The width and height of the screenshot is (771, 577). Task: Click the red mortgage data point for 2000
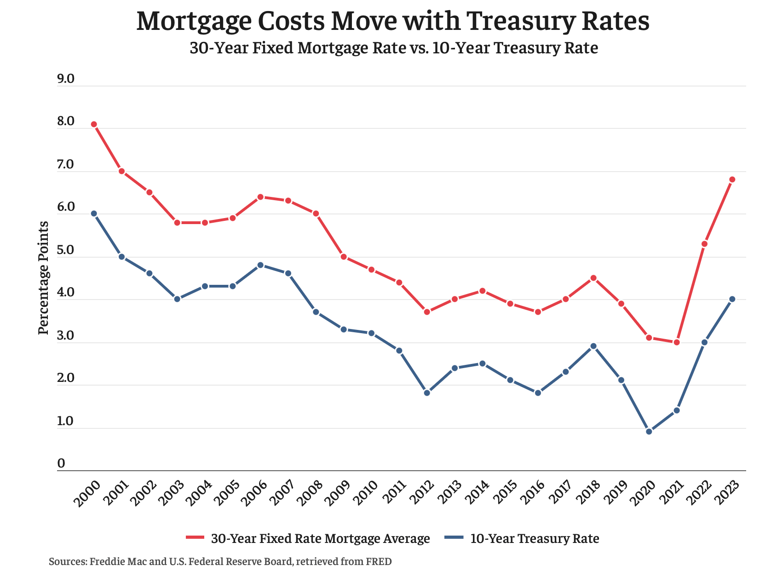(94, 124)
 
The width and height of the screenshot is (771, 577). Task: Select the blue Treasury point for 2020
(649, 432)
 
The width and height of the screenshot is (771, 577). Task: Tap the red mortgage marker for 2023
(732, 179)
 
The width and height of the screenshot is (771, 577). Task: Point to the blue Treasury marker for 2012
(427, 393)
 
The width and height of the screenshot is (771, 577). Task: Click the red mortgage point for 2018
(593, 278)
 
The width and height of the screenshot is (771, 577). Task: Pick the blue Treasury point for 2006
(260, 265)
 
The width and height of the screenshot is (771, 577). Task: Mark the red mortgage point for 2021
(677, 342)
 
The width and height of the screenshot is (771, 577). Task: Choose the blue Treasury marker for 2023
(732, 299)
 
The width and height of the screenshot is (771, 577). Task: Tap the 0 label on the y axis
(61, 464)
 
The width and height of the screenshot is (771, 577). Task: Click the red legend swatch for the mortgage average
(195, 538)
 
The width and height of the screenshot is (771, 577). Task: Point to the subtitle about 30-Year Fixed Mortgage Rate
(394, 48)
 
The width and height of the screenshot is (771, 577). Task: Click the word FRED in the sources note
(378, 562)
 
